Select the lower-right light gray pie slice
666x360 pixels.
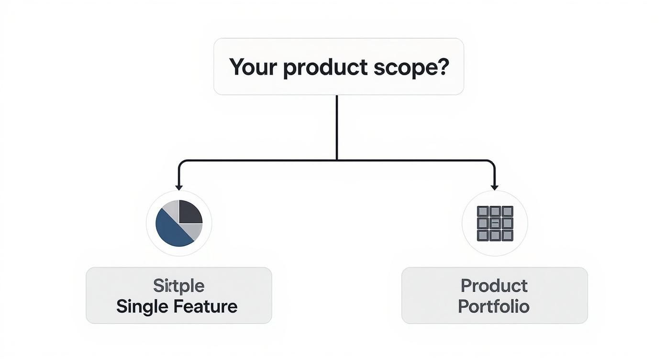pos(193,231)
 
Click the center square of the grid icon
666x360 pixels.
pos(495,223)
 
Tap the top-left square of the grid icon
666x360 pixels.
pos(483,212)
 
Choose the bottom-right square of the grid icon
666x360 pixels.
pos(507,235)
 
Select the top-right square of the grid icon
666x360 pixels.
pos(507,212)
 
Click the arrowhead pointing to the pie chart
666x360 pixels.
pos(179,187)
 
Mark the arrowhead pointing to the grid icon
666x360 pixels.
pos(495,187)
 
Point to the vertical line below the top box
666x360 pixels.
pos(337,127)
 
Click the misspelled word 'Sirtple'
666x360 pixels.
pos(178,286)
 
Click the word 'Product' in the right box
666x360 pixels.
pos(494,286)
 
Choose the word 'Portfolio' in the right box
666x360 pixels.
pos(494,306)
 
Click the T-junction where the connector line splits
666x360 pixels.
pos(337,160)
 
